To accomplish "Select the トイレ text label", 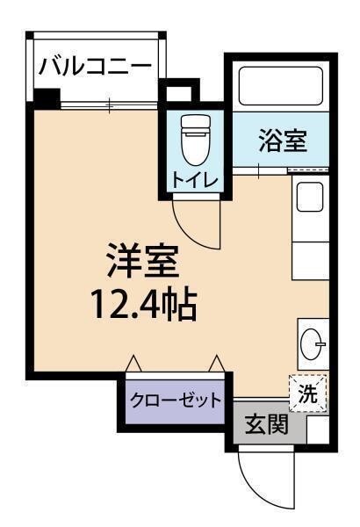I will (195, 181).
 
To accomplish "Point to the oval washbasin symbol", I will (311, 343).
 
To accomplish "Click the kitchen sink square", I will (309, 198).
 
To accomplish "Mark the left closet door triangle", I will (133, 363).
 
